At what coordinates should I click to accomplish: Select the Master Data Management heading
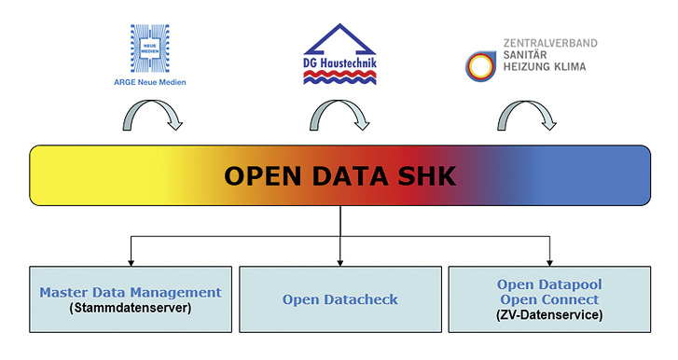click(x=131, y=292)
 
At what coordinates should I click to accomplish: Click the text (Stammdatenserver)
click(x=131, y=307)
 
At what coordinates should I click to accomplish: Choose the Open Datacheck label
click(x=339, y=299)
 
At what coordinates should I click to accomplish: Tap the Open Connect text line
click(x=549, y=298)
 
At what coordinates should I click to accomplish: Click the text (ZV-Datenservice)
click(x=549, y=315)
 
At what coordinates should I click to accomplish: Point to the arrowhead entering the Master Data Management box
click(x=131, y=260)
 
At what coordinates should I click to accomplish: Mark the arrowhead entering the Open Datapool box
click(x=549, y=260)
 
